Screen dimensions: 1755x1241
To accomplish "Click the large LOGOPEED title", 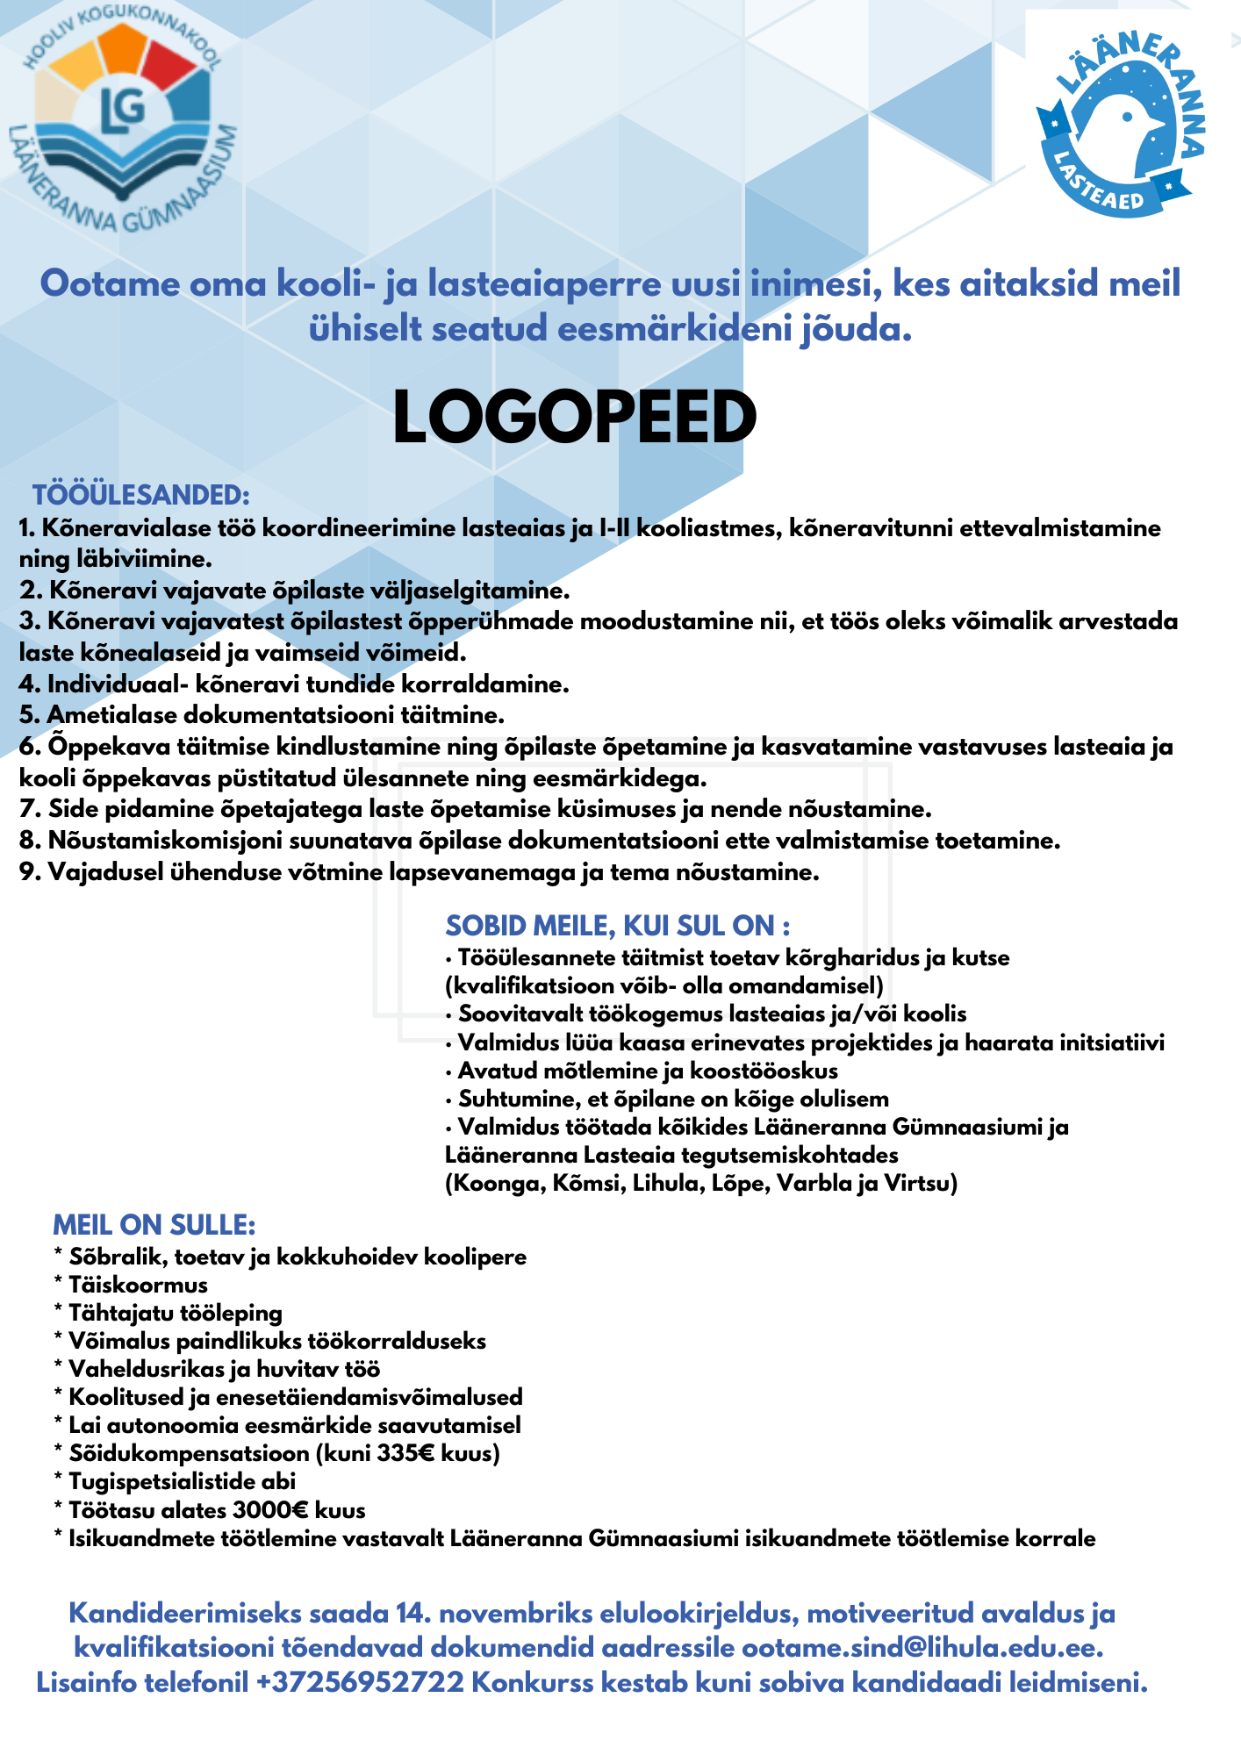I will point(574,418).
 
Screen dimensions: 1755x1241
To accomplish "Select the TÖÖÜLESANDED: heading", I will point(141,495).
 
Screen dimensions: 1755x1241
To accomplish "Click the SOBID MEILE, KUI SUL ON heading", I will point(617,926).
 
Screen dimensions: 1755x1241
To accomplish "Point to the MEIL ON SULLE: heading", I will point(154,1225).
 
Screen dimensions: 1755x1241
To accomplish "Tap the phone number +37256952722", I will point(360,1683).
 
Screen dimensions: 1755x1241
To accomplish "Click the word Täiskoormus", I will point(138,1285).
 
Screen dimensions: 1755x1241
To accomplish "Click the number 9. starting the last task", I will point(31,872).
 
